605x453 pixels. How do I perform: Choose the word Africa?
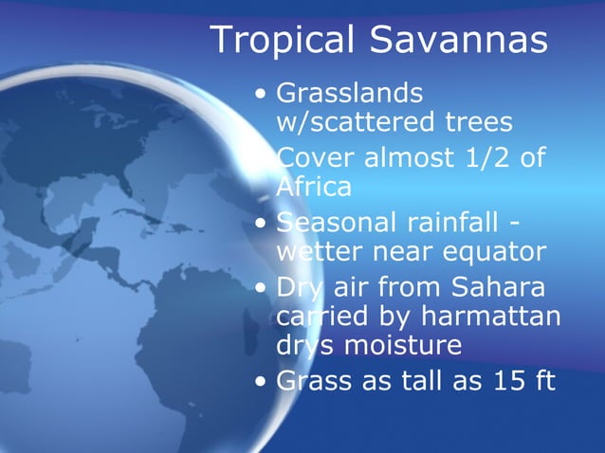[x=314, y=187]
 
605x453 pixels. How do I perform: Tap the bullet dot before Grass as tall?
[x=261, y=382]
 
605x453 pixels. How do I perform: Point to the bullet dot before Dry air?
[x=261, y=287]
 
